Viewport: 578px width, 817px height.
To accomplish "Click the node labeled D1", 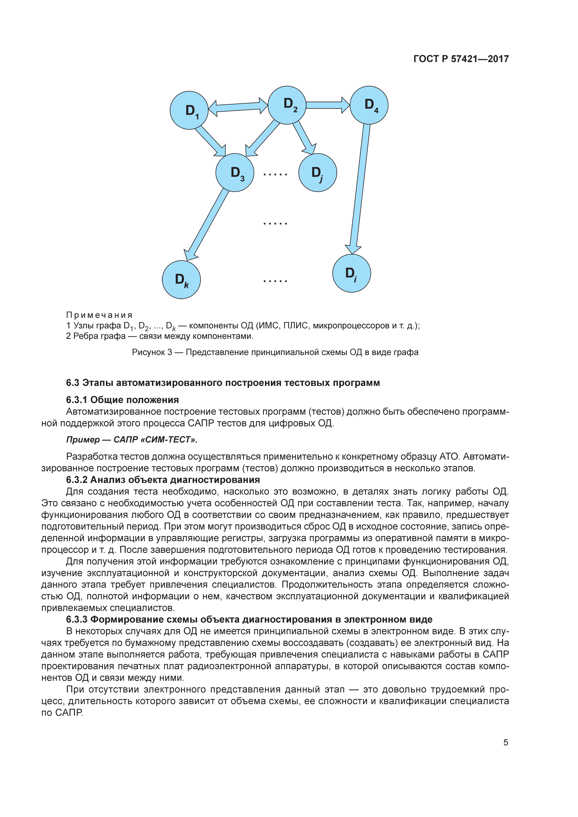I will tap(189, 110).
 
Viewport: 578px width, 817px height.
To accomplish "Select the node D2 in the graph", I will tap(287, 105).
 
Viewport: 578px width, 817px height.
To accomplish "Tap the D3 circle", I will tap(235, 173).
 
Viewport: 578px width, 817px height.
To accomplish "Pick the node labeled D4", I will tap(369, 105).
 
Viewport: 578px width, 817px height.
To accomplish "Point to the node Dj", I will tap(317, 173).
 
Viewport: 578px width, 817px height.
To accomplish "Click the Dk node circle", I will tap(182, 280).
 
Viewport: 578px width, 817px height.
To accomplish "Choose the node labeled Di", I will tap(352, 273).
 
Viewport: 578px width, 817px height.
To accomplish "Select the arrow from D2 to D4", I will tap(327, 105).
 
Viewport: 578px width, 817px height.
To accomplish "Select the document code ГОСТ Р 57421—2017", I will tap(461, 59).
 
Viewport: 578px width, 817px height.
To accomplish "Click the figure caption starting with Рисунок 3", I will tap(275, 352).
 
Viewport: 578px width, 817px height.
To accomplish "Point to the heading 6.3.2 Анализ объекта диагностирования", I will tap(163, 480).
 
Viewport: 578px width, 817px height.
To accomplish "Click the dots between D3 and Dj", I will tap(275, 174).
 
